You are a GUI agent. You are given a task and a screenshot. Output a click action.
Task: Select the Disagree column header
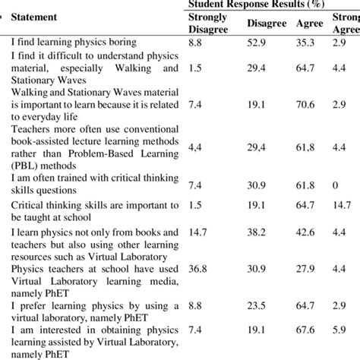pos(266,23)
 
